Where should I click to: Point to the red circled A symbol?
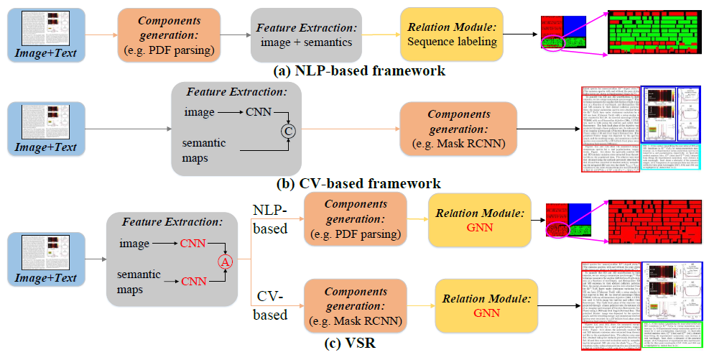[224, 262]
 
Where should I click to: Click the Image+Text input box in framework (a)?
[45, 34]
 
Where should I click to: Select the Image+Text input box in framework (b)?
[45, 129]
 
